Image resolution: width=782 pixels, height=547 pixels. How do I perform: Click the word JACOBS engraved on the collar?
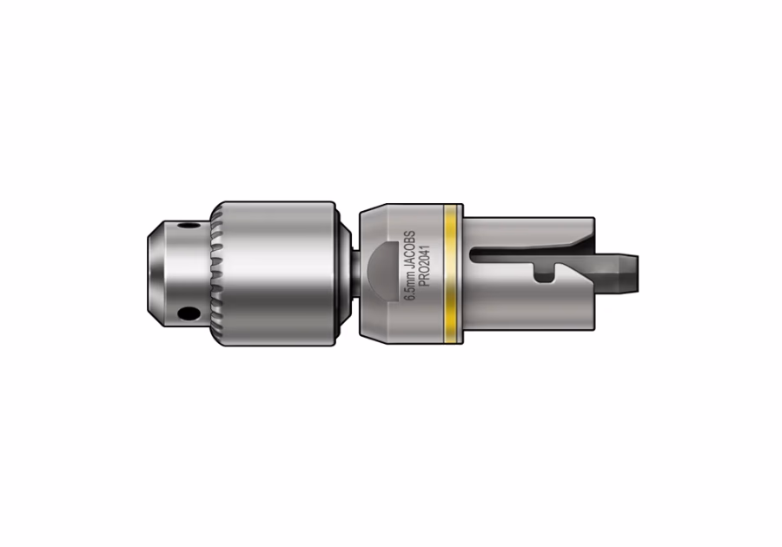coord(409,252)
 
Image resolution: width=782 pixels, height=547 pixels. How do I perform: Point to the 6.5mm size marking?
coord(410,288)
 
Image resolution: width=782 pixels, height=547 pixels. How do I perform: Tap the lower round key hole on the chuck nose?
coord(189,313)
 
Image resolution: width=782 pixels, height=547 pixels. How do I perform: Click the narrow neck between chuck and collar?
coord(356,273)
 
